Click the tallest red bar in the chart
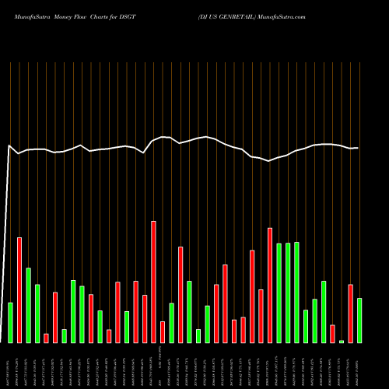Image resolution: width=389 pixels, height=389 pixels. [x=153, y=282]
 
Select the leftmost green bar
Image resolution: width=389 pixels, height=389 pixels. [x=10, y=322]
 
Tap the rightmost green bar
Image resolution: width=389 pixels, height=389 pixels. [x=359, y=320]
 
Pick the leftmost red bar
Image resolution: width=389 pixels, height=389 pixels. [x=19, y=289]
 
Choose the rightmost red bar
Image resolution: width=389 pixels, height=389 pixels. [x=350, y=314]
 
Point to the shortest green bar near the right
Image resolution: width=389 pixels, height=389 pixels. [x=342, y=341]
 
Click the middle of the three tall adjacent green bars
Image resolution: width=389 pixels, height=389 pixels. [x=288, y=293]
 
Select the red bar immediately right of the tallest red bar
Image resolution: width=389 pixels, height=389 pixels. [x=163, y=331]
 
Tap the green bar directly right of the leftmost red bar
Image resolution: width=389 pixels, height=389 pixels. [x=28, y=305]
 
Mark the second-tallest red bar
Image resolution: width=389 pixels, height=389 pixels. [x=270, y=285]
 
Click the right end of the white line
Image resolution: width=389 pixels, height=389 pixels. [x=358, y=148]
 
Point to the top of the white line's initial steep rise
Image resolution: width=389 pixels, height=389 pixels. [x=9, y=145]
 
